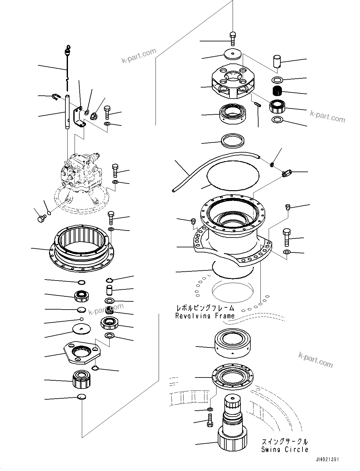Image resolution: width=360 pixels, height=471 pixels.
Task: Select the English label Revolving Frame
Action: [x=205, y=316]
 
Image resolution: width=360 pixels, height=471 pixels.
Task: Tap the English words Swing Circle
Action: [x=284, y=450]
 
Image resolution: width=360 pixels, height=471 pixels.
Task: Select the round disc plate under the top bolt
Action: [x=233, y=55]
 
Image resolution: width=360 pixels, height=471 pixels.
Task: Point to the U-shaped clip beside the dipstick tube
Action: [x=56, y=97]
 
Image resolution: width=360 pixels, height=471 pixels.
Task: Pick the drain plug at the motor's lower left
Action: [x=41, y=218]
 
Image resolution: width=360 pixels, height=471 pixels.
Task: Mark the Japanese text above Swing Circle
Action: [x=284, y=442]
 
